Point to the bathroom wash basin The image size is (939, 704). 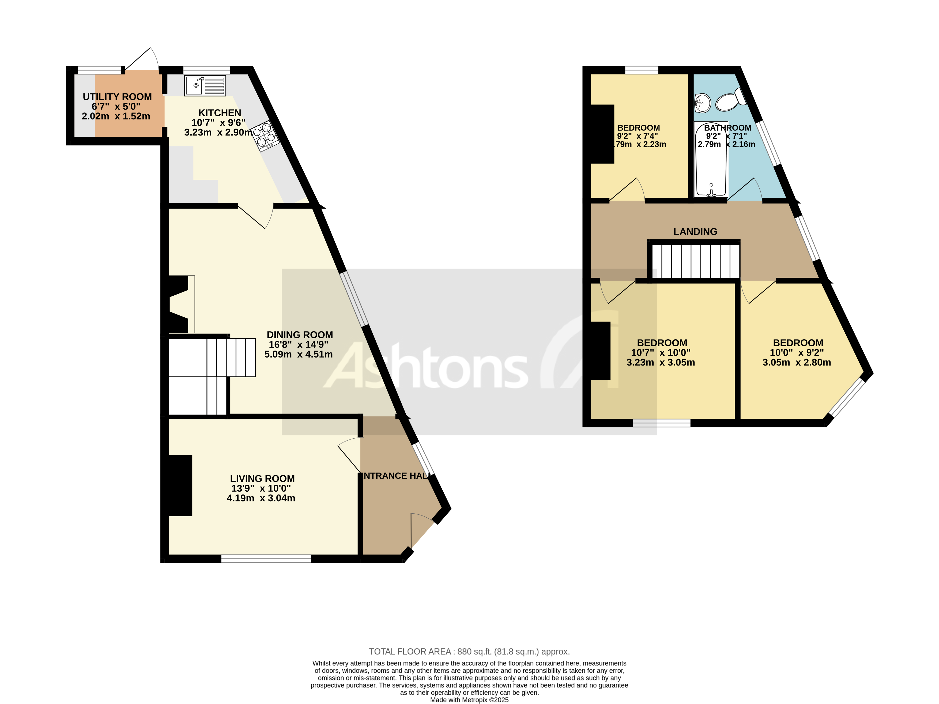[x=703, y=103]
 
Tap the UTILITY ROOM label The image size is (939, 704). [x=117, y=97]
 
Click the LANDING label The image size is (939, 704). [x=695, y=231]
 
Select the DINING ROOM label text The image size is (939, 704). [x=299, y=334]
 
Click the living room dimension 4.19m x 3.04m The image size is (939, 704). [x=261, y=498]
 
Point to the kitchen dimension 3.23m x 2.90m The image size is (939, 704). [x=218, y=133]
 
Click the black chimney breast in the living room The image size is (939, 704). [x=180, y=485]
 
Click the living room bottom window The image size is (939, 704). [x=266, y=559]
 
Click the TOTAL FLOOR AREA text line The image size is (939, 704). [x=469, y=651]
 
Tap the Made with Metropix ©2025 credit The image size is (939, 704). [x=469, y=700]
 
